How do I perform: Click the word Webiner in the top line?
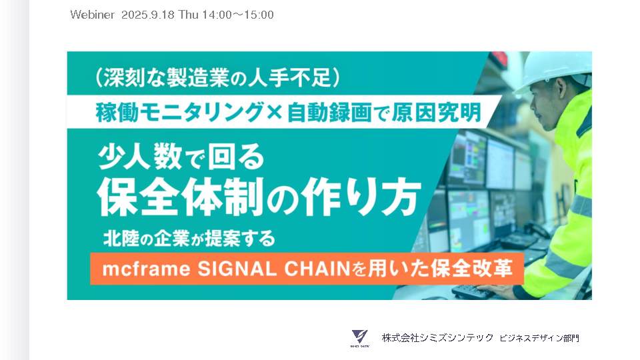click(92, 15)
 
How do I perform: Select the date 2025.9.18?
click(148, 15)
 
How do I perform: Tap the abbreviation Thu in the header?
click(188, 15)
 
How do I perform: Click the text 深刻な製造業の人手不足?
click(217, 77)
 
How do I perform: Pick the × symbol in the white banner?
click(275, 113)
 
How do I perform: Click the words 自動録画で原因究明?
click(384, 113)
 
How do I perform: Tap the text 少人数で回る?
click(181, 157)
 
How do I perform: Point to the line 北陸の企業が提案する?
click(189, 239)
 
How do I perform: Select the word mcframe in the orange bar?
click(146, 269)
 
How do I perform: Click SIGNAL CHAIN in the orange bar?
click(274, 269)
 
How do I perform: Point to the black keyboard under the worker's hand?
click(473, 291)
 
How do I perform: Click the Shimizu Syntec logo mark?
click(359, 338)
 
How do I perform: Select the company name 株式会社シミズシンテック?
click(437, 338)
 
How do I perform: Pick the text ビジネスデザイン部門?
click(539, 338)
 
